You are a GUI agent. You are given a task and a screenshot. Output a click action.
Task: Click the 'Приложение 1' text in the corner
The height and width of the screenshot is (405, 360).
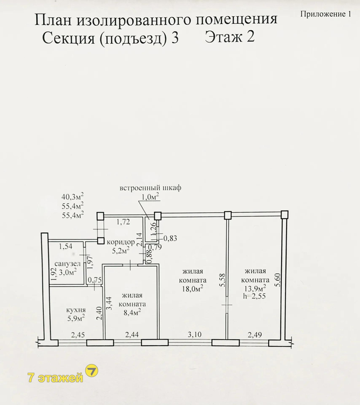325,14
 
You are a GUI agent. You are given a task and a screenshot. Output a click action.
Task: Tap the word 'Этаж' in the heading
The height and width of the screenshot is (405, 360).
223,36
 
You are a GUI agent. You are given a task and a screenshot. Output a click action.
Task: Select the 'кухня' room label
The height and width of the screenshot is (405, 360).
76,310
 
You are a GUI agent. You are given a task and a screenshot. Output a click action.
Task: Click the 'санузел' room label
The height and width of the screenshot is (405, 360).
67,264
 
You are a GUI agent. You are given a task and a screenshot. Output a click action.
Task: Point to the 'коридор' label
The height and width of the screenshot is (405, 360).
121,242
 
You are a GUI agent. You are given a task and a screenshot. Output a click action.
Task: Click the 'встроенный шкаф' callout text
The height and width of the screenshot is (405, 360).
150,188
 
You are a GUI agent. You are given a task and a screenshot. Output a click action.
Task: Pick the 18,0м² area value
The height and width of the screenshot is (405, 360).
192,289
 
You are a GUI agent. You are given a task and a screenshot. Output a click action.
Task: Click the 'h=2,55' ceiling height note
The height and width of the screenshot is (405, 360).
254,296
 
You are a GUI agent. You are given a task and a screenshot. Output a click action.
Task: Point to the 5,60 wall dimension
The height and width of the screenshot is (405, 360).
278,280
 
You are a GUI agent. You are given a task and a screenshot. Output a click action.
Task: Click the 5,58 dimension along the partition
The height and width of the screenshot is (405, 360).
223,280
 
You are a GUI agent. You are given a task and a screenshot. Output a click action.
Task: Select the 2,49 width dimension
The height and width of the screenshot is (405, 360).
255,335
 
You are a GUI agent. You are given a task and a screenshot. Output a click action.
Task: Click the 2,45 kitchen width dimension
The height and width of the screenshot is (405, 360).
78,335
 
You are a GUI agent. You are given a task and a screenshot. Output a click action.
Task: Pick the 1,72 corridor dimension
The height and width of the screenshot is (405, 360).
123,221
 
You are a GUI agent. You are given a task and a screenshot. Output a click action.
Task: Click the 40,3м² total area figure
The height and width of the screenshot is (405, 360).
72,197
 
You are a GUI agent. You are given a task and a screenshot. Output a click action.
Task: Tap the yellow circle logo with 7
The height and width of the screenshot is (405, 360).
91,371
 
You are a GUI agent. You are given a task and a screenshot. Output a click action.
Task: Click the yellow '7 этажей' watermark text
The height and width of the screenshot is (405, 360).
55,378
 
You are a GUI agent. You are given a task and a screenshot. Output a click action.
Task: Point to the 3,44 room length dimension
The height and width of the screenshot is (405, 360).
108,303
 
